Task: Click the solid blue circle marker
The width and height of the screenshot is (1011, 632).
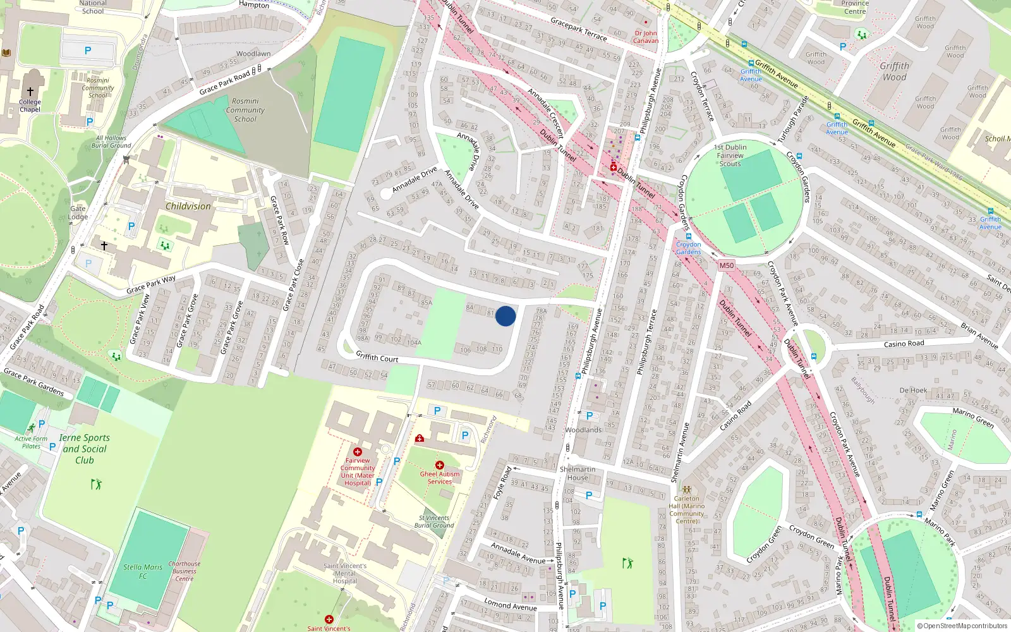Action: tap(505, 316)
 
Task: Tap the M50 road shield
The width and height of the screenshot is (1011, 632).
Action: tap(726, 265)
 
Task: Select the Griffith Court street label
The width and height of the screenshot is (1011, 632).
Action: tap(377, 358)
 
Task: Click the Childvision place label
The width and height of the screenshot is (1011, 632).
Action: tap(188, 206)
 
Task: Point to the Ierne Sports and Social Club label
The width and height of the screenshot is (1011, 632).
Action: tap(85, 449)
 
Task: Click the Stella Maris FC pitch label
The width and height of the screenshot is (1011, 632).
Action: tap(143, 571)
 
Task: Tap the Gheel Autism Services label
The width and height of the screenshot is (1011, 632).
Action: tap(440, 477)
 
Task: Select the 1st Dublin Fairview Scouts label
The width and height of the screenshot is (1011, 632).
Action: tap(730, 155)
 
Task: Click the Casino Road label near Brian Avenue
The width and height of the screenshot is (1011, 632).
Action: tap(904, 344)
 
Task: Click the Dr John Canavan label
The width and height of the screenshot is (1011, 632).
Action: tap(646, 37)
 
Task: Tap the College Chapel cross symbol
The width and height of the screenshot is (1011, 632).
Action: tap(30, 92)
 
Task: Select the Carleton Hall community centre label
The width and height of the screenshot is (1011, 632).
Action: tap(687, 509)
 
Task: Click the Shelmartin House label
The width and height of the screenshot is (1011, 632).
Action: tap(578, 473)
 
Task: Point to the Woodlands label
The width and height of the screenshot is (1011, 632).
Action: tap(583, 430)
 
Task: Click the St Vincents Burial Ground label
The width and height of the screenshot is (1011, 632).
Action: tap(434, 521)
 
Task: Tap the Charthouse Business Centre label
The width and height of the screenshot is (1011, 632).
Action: tap(185, 571)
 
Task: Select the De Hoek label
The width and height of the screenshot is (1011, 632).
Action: tap(913, 391)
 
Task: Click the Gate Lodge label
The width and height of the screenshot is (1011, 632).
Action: tap(78, 212)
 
